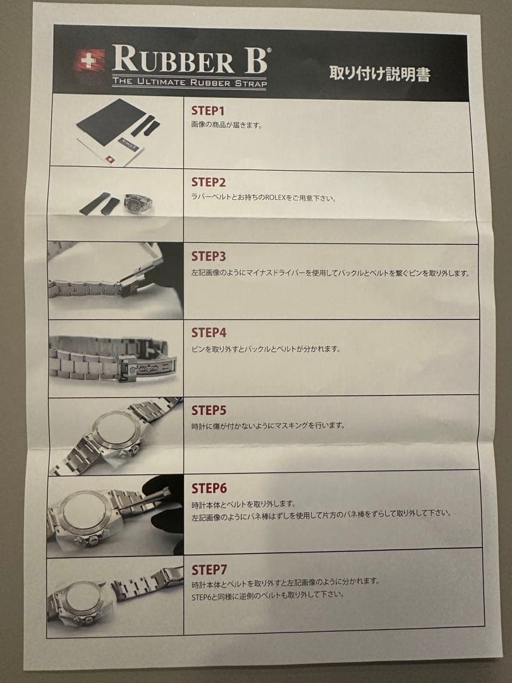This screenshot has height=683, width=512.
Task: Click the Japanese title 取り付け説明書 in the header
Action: (x=380, y=73)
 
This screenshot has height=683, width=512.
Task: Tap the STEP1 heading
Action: (x=208, y=111)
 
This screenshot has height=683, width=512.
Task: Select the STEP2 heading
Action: (x=209, y=182)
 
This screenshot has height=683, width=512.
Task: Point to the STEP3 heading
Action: (x=209, y=256)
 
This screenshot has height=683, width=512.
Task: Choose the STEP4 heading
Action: (x=209, y=333)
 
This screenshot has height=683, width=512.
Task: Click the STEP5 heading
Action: (x=209, y=410)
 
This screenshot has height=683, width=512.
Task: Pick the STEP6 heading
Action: (x=209, y=488)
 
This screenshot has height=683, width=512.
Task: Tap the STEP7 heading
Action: (x=209, y=570)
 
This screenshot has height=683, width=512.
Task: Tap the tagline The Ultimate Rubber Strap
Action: (x=190, y=82)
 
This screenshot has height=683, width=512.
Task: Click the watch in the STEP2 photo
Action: (x=140, y=204)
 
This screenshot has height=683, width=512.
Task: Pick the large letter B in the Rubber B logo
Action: (x=256, y=59)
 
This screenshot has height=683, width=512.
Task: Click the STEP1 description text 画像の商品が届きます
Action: (x=227, y=125)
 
